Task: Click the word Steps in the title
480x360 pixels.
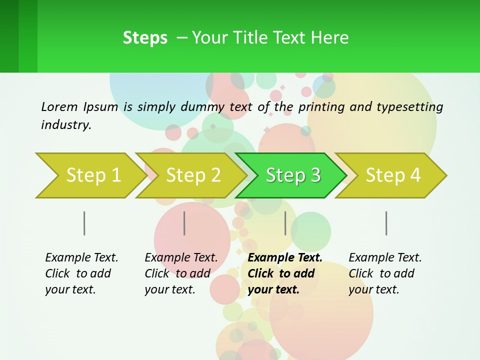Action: pyautogui.click(x=145, y=38)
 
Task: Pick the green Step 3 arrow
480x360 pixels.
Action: pyautogui.click(x=292, y=175)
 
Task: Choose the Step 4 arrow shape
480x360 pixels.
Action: pyautogui.click(x=392, y=175)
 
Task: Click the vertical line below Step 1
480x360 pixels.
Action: pyautogui.click(x=84, y=223)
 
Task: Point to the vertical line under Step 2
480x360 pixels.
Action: pyautogui.click(x=184, y=223)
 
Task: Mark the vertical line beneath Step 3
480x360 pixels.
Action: pyautogui.click(x=285, y=223)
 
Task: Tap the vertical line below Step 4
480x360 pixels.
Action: pyautogui.click(x=386, y=223)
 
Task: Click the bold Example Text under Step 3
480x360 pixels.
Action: pyautogui.click(x=285, y=258)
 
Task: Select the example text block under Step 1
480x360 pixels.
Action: pyautogui.click(x=81, y=273)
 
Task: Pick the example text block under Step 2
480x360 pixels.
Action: pyautogui.click(x=181, y=273)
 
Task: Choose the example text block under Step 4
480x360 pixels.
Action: pyautogui.click(x=385, y=273)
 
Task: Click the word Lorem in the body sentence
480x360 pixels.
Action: pyautogui.click(x=59, y=106)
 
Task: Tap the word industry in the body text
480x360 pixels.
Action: pyautogui.click(x=65, y=125)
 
